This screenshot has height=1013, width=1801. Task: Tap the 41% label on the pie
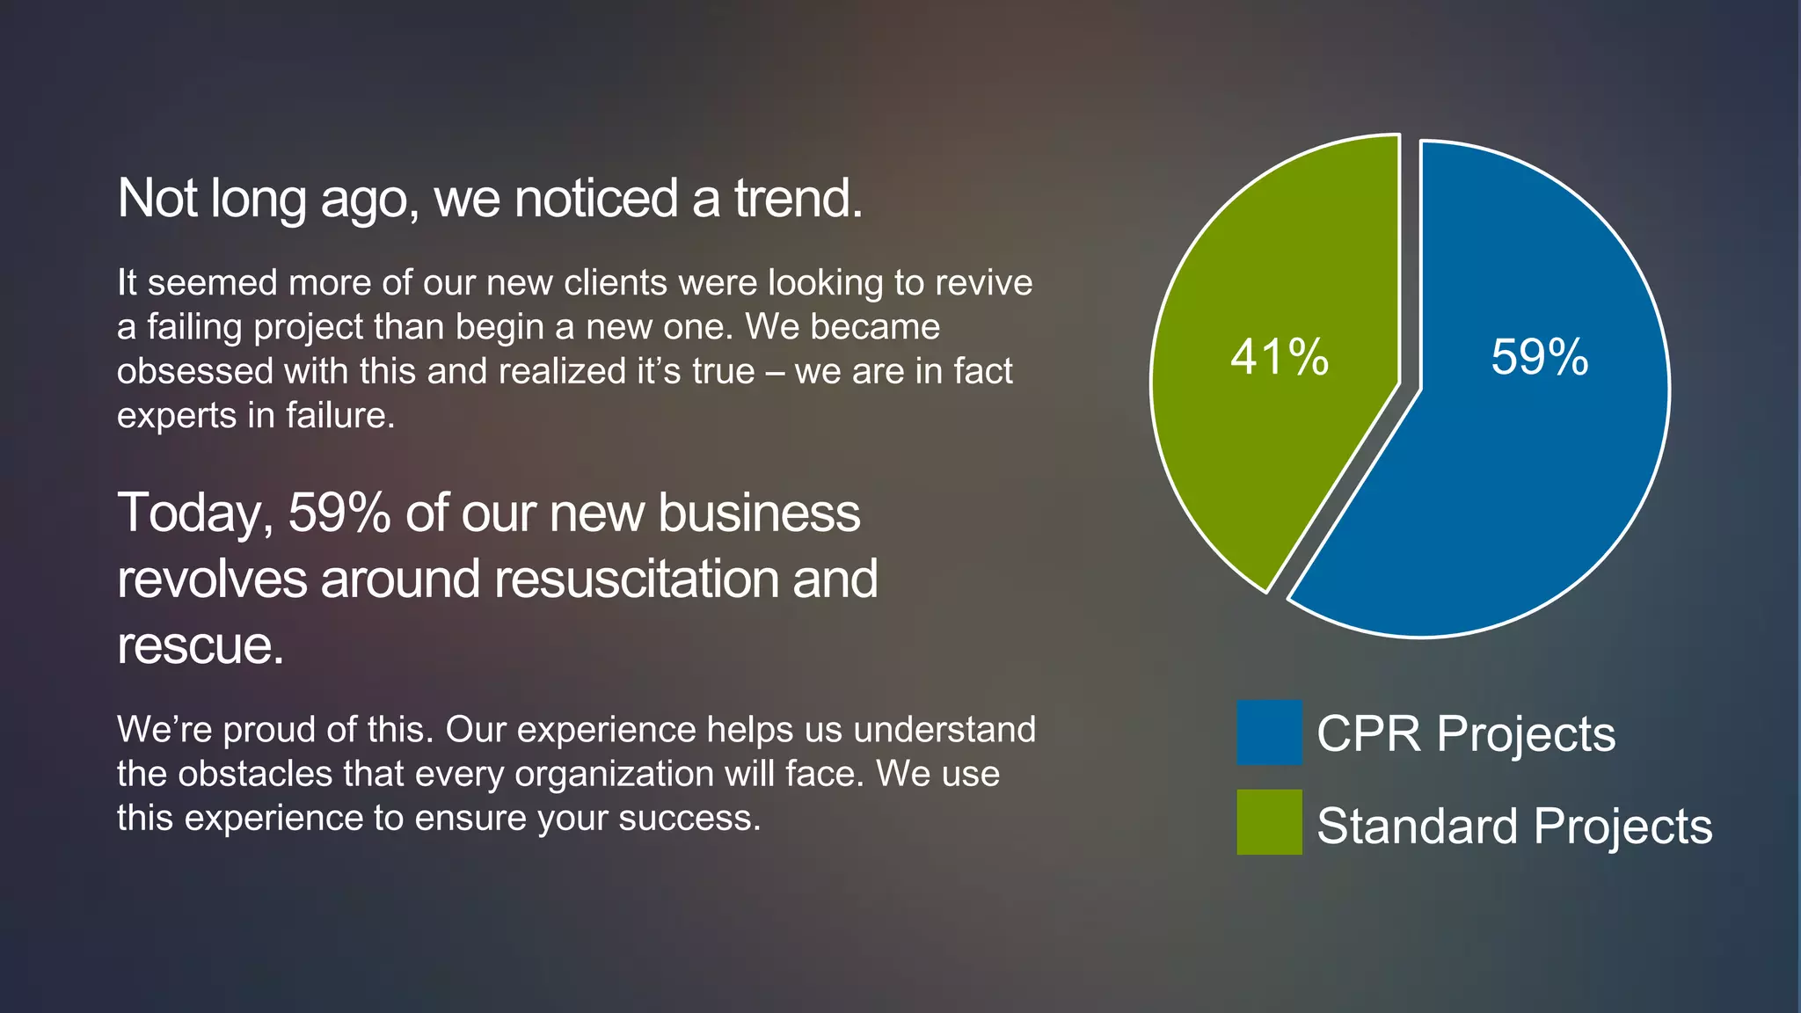[1280, 357]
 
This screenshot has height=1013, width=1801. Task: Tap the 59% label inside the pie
[1540, 357]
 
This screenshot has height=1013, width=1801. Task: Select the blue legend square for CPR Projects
[1269, 732]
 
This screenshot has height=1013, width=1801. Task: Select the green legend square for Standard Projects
[1269, 822]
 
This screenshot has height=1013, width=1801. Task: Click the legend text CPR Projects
[1466, 733]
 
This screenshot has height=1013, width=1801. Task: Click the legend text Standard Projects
[1514, 826]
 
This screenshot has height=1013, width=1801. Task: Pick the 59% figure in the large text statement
[339, 513]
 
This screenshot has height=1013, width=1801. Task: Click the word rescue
[200, 646]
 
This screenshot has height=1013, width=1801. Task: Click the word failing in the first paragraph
[194, 328]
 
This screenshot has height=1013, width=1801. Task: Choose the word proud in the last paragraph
[269, 730]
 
